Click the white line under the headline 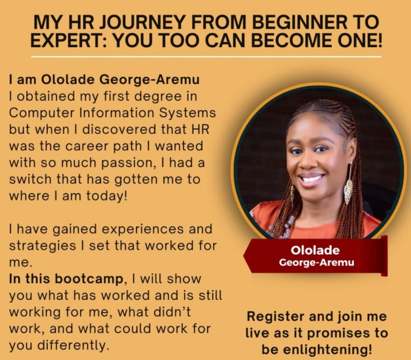point(206,56)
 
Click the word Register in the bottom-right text point(277,316)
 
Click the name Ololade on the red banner point(315,251)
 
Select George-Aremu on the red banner point(315,263)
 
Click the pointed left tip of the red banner point(245,257)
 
